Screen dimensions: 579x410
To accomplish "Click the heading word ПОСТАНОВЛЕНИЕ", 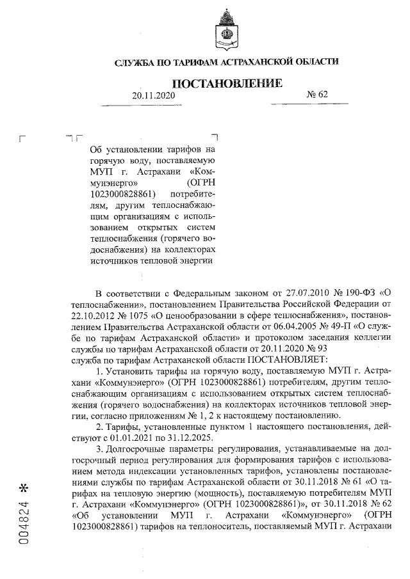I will pos(227,83).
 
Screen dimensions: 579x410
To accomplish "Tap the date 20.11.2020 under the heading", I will pos(153,95).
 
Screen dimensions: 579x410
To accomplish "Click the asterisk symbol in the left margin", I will pos(25,487).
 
